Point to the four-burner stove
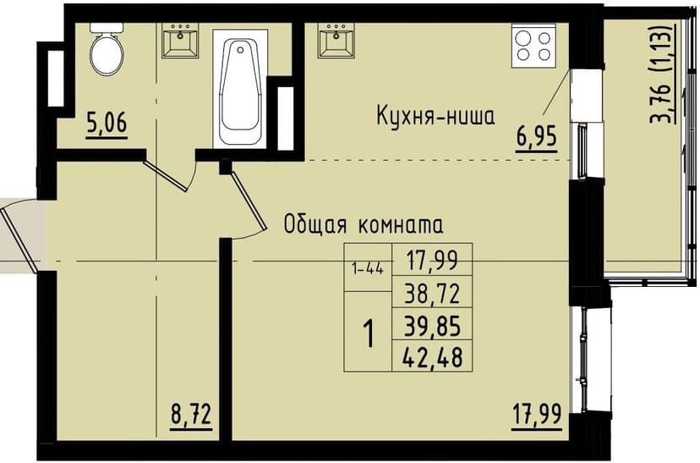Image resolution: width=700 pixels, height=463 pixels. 533,45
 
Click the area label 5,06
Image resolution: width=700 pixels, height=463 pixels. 107,125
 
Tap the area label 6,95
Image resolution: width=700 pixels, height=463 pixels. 538,135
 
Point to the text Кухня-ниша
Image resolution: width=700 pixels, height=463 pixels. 435,116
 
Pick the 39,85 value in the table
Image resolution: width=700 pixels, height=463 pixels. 431,325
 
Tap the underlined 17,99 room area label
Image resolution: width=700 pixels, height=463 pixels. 537,416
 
